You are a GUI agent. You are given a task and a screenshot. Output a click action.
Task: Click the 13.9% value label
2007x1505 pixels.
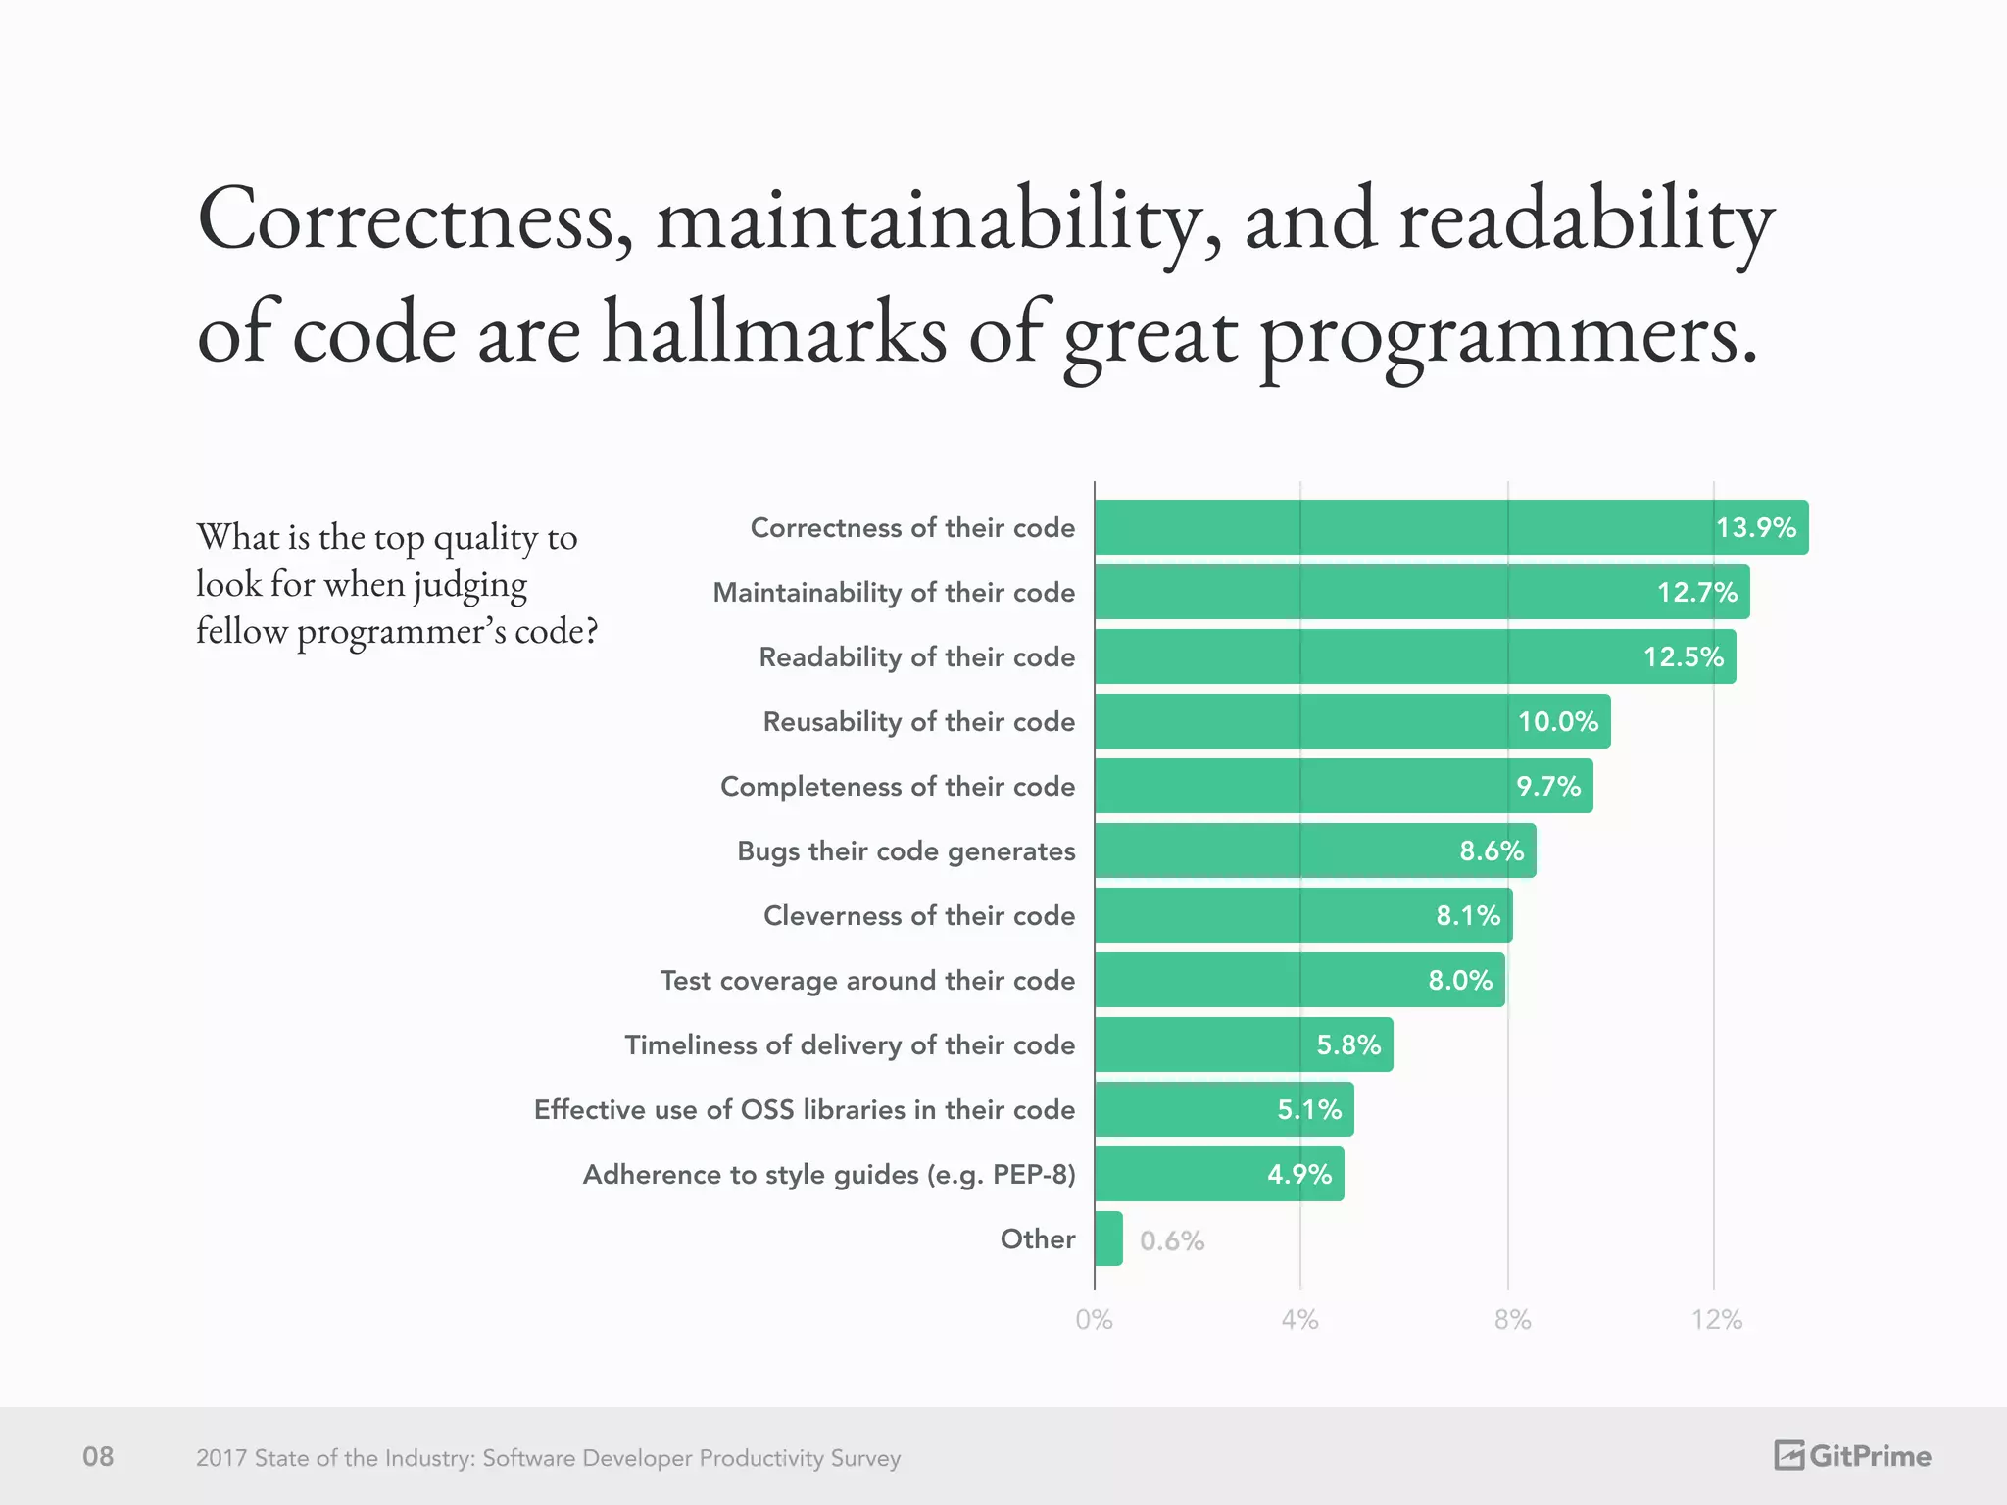(x=1755, y=528)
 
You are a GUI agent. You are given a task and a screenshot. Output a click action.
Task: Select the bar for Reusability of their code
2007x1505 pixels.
(x=1352, y=721)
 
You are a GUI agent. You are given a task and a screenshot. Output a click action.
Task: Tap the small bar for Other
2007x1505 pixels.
(x=1108, y=1238)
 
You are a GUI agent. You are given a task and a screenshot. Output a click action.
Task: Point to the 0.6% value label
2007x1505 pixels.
(x=1171, y=1240)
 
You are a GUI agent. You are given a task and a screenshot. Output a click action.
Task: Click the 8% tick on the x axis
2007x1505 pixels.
(x=1512, y=1320)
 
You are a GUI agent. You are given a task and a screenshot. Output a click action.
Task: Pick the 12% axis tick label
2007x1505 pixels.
(x=1716, y=1320)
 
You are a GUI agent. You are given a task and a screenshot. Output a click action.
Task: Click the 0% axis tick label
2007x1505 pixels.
(x=1094, y=1320)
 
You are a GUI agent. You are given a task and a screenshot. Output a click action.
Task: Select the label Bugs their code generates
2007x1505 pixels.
(x=906, y=850)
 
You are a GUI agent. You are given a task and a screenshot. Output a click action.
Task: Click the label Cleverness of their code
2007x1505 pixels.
(x=918, y=915)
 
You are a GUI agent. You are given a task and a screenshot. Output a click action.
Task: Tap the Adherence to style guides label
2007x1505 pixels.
(x=829, y=1174)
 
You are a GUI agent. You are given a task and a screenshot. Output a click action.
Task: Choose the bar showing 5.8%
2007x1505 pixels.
(x=1243, y=1044)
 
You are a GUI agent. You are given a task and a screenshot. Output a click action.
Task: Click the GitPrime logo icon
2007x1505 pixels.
(x=1788, y=1455)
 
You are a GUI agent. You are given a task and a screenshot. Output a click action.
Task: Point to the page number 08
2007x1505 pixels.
(x=98, y=1456)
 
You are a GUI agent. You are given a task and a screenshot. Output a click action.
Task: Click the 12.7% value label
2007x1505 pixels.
(x=1696, y=593)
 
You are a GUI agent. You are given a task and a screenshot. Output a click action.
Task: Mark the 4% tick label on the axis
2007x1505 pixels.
(x=1299, y=1320)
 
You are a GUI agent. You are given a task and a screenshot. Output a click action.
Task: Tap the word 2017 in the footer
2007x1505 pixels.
(x=220, y=1458)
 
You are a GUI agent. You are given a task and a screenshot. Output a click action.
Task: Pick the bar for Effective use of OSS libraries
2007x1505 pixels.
(x=1224, y=1109)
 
